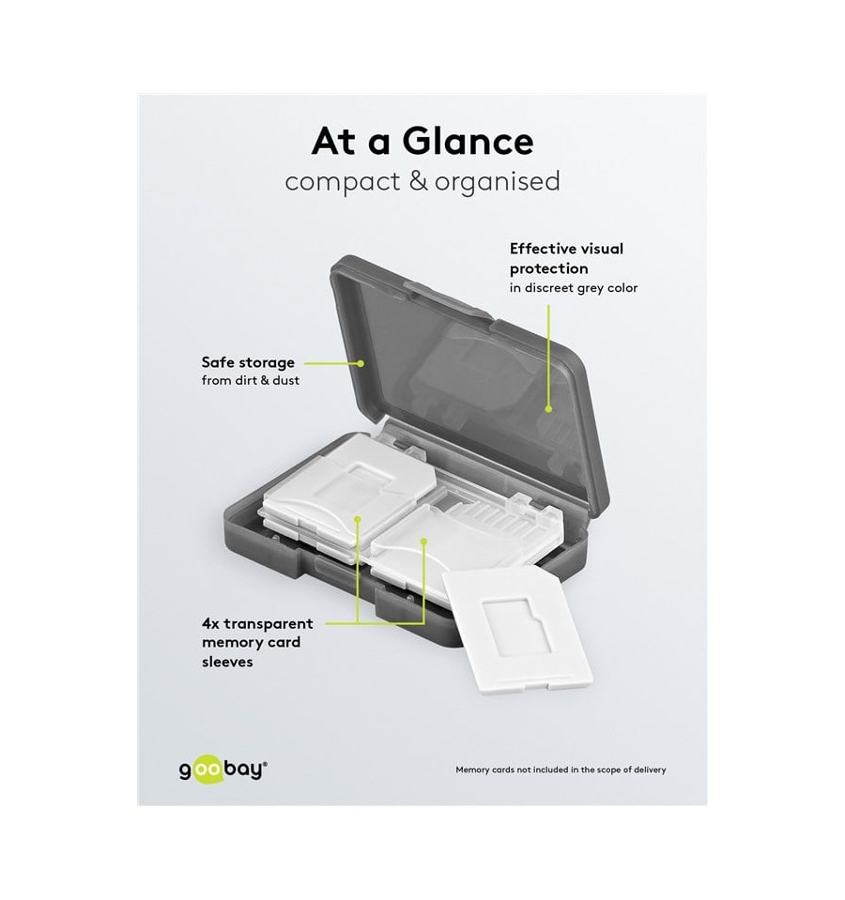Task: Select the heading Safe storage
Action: tap(248, 362)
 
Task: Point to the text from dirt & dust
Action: tap(251, 380)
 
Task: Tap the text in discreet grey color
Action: tap(573, 287)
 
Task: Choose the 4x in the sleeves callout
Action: tap(211, 623)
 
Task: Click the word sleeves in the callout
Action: tap(227, 661)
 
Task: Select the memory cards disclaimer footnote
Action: tap(561, 770)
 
